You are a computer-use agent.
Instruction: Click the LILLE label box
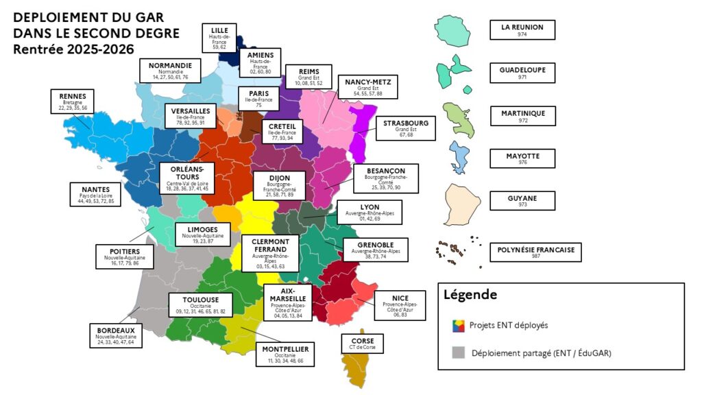click(x=219, y=38)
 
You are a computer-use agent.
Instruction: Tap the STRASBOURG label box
click(x=406, y=127)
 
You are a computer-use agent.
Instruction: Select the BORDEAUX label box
click(x=116, y=335)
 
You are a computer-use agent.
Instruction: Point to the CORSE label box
click(x=361, y=343)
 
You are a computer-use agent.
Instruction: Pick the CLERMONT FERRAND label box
click(x=269, y=252)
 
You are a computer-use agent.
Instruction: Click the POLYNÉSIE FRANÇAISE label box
click(x=535, y=251)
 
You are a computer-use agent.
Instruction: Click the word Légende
click(x=470, y=295)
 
